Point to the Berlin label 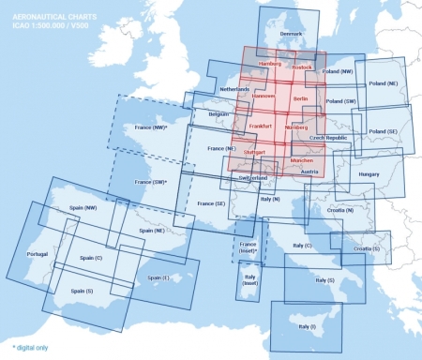click(x=300, y=97)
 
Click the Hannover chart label click(x=264, y=96)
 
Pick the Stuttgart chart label click(x=255, y=151)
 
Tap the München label click(x=302, y=160)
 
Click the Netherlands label click(x=234, y=90)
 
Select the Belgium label click(x=219, y=114)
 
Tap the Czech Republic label click(x=328, y=138)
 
